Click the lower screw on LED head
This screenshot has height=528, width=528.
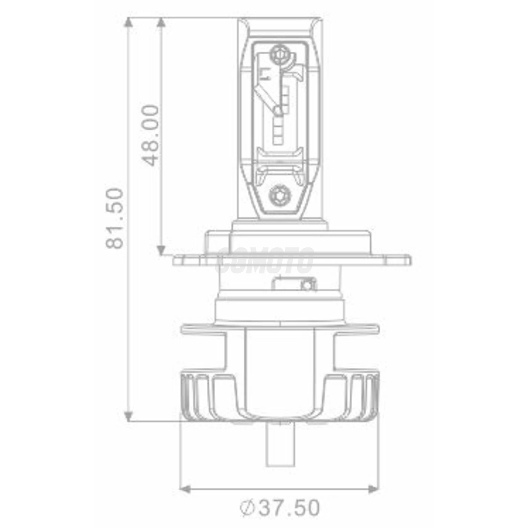tap(279, 195)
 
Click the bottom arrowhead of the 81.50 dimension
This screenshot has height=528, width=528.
tap(129, 416)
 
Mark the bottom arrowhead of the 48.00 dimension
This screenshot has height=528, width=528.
tap(161, 250)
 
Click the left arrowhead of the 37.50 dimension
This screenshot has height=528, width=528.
tap(185, 489)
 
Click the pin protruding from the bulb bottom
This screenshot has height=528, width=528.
tap(279, 445)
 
